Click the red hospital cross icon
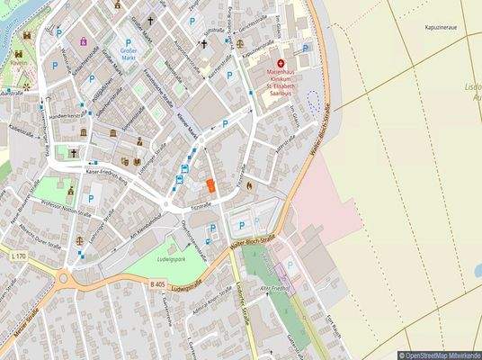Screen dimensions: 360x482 pyautogui.click(x=281, y=63)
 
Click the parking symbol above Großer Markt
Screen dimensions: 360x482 pyautogui.click(x=128, y=42)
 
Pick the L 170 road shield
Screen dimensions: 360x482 pyautogui.click(x=18, y=257)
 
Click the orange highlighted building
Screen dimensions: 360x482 pyautogui.click(x=210, y=184)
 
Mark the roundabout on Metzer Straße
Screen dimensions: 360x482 pyautogui.click(x=65, y=278)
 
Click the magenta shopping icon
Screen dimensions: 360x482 pyautogui.click(x=85, y=41)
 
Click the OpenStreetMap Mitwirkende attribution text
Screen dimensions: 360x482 pyautogui.click(x=441, y=355)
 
